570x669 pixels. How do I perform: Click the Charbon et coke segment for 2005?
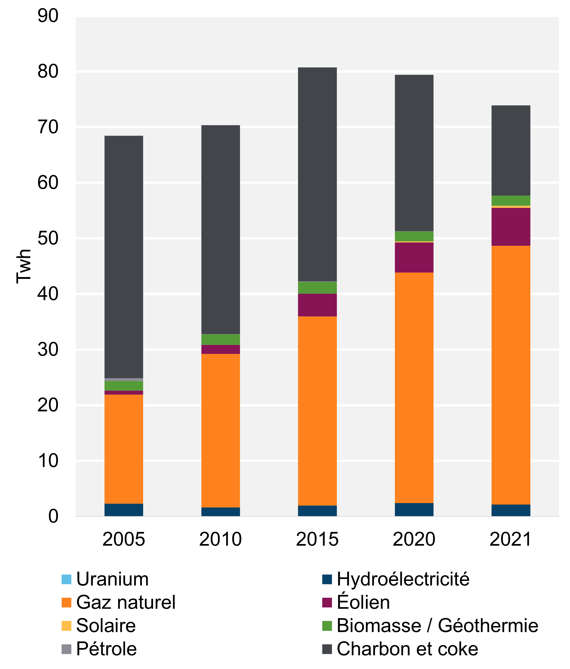(x=124, y=257)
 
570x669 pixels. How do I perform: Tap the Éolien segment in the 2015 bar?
(x=317, y=305)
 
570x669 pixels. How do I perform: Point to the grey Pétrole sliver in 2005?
(x=124, y=379)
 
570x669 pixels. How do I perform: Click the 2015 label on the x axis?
(x=317, y=539)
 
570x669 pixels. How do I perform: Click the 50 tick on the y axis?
(x=48, y=238)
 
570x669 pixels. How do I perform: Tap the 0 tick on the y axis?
(x=53, y=516)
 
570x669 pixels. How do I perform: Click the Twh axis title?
(x=24, y=266)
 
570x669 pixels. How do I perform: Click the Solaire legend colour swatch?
(x=66, y=626)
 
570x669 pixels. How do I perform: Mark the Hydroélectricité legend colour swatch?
(x=327, y=579)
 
